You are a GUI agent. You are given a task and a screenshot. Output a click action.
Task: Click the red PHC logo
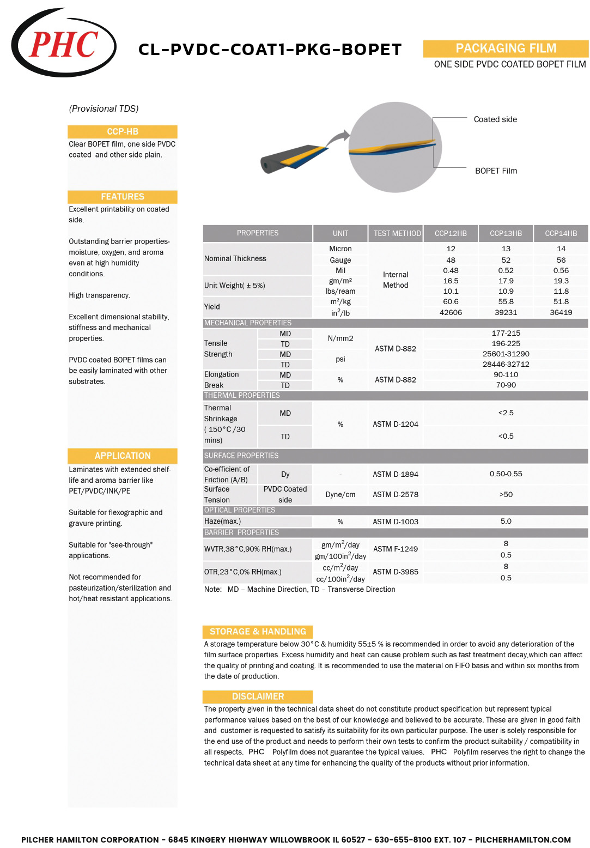point(63,44)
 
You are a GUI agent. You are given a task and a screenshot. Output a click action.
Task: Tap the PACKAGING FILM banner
point(506,49)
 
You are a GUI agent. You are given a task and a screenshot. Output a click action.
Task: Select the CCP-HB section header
point(123,131)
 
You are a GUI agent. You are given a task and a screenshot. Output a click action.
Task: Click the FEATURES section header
point(123,197)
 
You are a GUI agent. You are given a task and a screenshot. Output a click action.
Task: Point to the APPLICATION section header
point(123,456)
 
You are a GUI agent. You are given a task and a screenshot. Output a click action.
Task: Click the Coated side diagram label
point(495,119)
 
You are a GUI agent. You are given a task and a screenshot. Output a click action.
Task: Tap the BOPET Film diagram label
point(496,171)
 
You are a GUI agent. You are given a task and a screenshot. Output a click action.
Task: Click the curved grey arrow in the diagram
point(339,136)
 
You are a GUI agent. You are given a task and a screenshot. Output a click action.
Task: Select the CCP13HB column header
point(506,233)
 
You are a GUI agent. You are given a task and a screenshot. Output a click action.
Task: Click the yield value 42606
point(451,312)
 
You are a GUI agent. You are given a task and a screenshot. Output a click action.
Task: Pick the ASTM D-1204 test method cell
point(396,424)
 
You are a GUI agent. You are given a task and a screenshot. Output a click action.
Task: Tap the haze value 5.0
point(506,521)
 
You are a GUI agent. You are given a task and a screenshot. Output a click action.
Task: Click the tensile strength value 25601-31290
point(506,354)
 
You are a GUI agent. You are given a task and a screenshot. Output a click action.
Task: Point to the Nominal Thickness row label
point(235,258)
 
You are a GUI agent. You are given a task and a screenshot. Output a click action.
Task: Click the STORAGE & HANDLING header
point(258,632)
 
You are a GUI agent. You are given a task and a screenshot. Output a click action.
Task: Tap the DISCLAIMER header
point(258,696)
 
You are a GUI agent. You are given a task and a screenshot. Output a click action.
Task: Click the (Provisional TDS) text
point(104,108)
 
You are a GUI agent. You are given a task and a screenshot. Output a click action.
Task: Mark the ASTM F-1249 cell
point(396,549)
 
